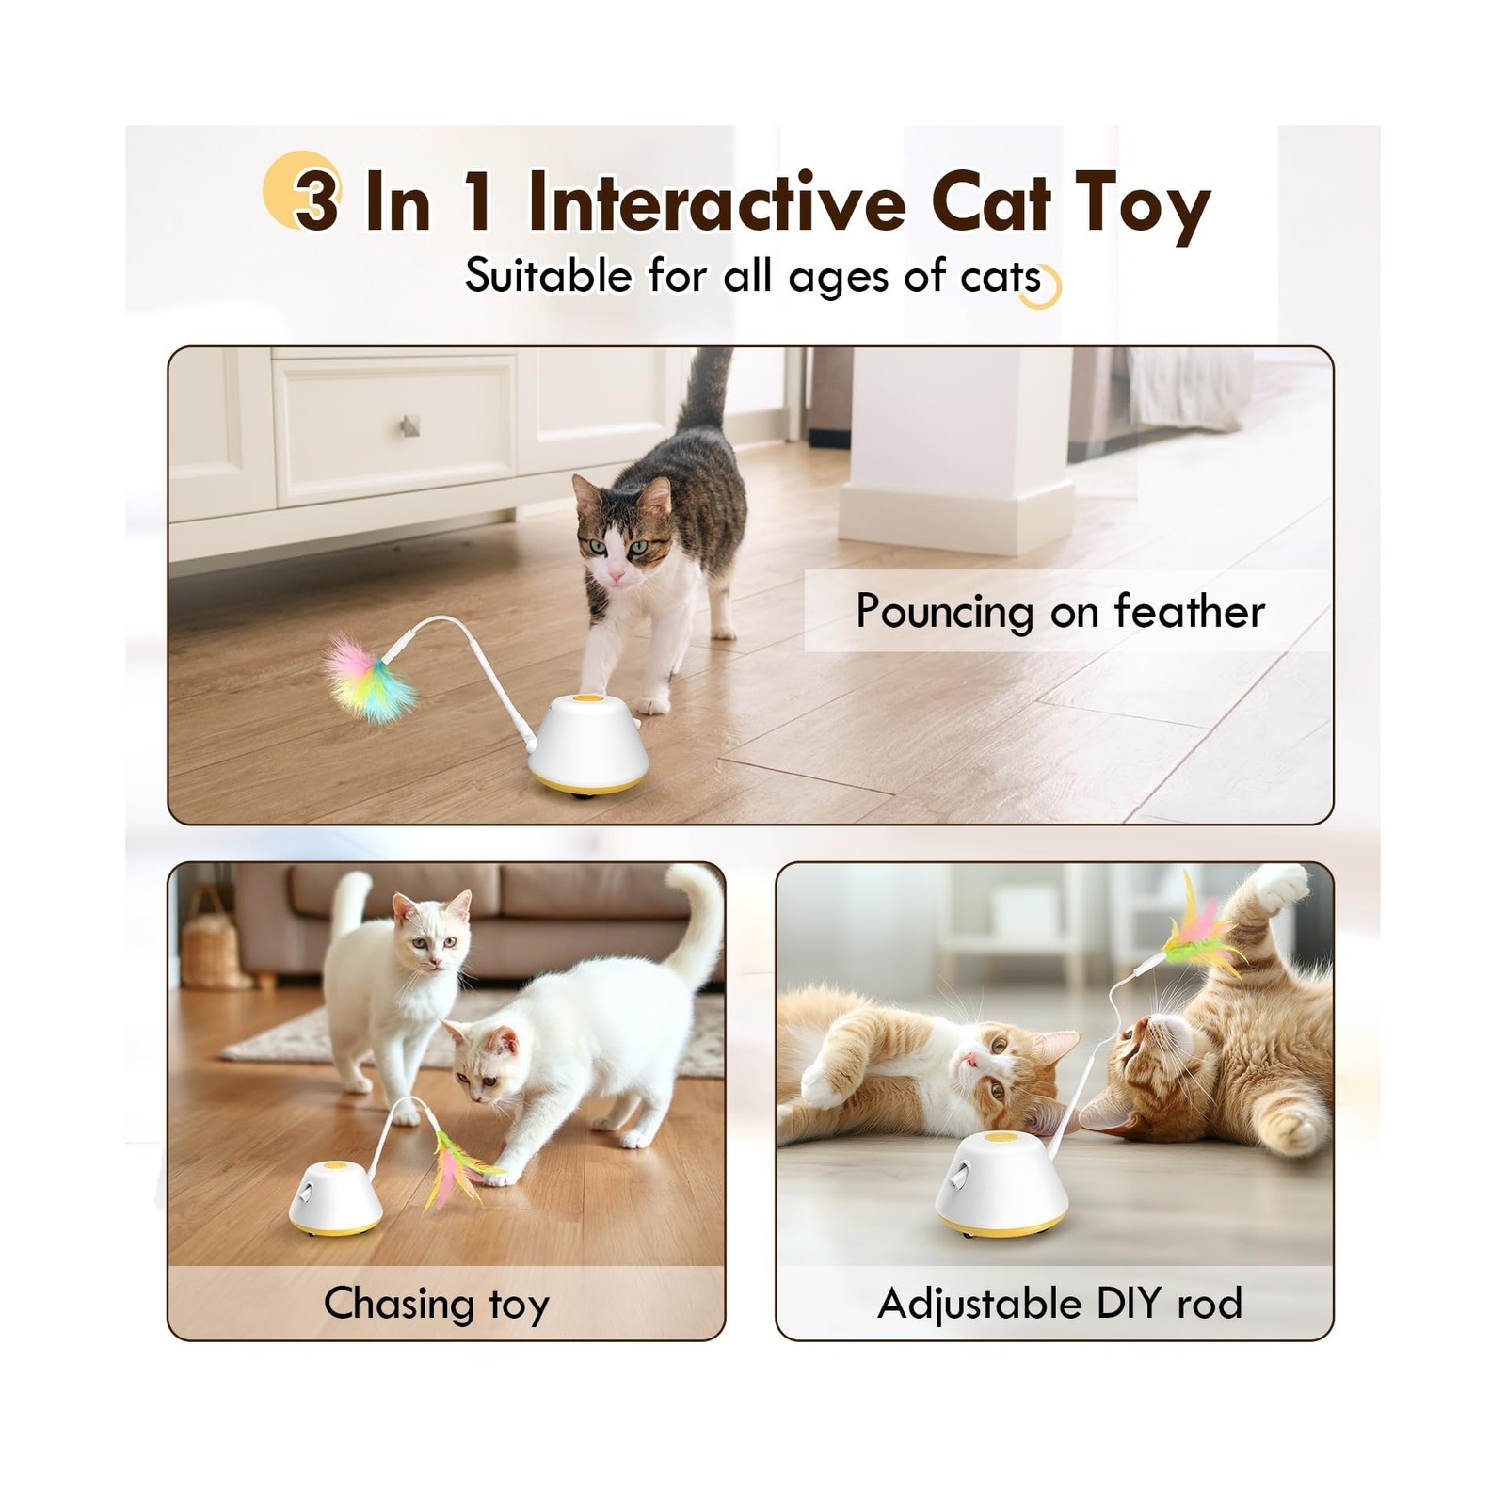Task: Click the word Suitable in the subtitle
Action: pyautogui.click(x=549, y=276)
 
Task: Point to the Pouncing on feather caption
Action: pyautogui.click(x=1060, y=612)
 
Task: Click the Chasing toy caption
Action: pyautogui.click(x=436, y=1305)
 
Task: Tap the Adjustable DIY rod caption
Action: pyautogui.click(x=1060, y=1305)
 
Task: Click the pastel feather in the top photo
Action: pyautogui.click(x=369, y=678)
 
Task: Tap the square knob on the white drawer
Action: pyautogui.click(x=409, y=425)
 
